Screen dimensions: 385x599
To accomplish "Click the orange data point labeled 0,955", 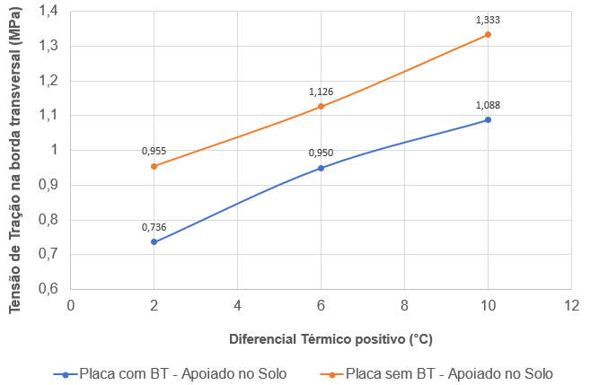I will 154,166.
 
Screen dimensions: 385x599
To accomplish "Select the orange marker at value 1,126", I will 322,107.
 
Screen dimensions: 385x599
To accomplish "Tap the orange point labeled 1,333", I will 488,34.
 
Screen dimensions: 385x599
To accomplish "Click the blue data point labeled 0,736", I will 154,241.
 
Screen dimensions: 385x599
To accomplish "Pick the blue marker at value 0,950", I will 322,168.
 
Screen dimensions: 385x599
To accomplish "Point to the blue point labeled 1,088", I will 488,119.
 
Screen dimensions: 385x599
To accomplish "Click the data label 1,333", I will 488,19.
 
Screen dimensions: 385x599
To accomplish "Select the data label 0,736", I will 154,227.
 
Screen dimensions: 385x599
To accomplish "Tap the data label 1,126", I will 321,92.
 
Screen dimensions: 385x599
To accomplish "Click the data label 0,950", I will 321,153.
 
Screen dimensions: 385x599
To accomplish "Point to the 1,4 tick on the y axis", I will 48,11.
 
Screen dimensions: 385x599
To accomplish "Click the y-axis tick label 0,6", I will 48,289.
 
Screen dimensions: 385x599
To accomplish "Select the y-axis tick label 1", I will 53,150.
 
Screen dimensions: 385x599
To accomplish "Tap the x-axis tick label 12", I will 571,306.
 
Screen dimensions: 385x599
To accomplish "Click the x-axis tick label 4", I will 238,306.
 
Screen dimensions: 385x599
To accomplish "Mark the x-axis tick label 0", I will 71,306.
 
